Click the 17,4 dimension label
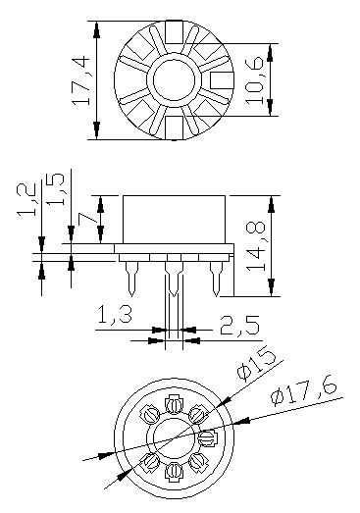[x=80, y=80]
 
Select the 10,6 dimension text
[x=254, y=80]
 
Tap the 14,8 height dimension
[x=255, y=246]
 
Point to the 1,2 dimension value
[x=26, y=199]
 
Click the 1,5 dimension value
[x=55, y=188]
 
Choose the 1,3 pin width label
[x=115, y=315]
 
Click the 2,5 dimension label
[x=240, y=326]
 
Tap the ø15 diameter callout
[x=256, y=366]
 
